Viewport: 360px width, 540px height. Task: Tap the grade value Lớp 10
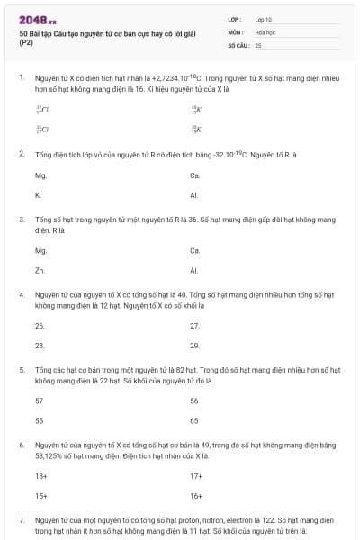click(x=265, y=19)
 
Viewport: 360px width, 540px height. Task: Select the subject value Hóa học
click(x=265, y=31)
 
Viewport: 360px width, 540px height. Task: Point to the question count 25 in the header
click(x=258, y=44)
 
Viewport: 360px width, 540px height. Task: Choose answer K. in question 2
click(x=38, y=194)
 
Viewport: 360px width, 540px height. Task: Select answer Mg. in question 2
click(x=40, y=175)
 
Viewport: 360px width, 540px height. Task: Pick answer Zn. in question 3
click(x=40, y=269)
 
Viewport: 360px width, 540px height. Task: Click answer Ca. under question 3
click(x=195, y=250)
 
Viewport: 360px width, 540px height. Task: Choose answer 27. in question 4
click(x=194, y=326)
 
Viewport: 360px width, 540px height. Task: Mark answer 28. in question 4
click(x=40, y=345)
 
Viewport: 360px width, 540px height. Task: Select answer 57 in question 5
click(x=39, y=400)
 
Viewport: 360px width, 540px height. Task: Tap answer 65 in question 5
click(x=194, y=419)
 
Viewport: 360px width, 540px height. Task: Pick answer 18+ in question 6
click(x=40, y=475)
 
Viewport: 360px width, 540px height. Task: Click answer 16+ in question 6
click(x=195, y=494)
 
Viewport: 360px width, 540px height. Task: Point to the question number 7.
click(x=21, y=520)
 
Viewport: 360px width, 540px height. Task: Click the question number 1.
click(x=21, y=78)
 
